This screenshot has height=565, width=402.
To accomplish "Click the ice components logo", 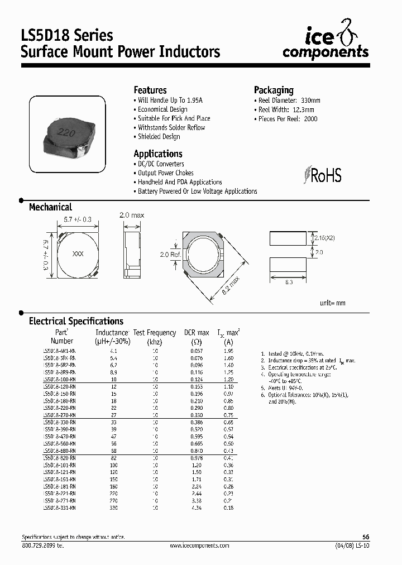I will pyautogui.click(x=325, y=43).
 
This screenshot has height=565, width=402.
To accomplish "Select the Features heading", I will pyautogui.click(x=150, y=90).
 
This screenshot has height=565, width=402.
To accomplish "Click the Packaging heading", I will pyautogui.click(x=274, y=90).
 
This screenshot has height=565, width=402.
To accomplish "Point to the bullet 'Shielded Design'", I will pyautogui.click(x=159, y=137).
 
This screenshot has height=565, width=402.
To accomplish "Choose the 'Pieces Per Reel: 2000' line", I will pyautogui.click(x=288, y=119).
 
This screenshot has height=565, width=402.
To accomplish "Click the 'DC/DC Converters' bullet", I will pyautogui.click(x=160, y=164).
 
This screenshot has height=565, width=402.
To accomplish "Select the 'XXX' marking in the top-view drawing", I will pyautogui.click(x=78, y=254).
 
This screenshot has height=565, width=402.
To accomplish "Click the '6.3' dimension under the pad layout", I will pyautogui.click(x=289, y=283).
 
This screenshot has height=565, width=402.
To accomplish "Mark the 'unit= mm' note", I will pyautogui.click(x=332, y=303).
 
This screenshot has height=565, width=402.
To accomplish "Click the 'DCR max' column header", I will pyautogui.click(x=197, y=333).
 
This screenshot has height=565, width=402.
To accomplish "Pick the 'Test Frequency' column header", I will pyautogui.click(x=155, y=333).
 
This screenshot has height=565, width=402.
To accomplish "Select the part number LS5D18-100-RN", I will pyautogui.click(x=59, y=379).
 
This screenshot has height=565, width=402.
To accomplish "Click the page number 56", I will pyautogui.click(x=366, y=537).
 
